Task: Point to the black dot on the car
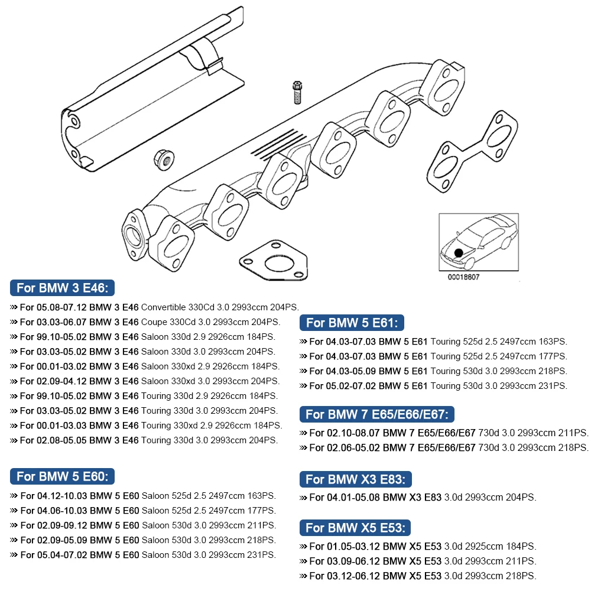pos(459,253)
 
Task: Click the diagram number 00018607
pos(464,277)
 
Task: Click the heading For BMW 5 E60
pos(62,476)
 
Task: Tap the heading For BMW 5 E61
pos(352,323)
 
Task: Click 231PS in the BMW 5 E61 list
pos(554,386)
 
